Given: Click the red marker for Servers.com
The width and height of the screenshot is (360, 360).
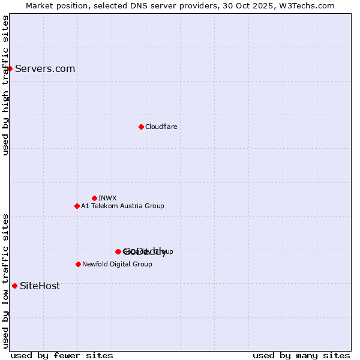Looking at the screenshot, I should (x=10, y=68).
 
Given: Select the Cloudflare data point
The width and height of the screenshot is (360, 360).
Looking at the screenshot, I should (x=141, y=127).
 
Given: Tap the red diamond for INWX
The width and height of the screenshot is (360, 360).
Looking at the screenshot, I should (x=94, y=198).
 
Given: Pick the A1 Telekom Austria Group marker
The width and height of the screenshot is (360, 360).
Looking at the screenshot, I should (x=77, y=206).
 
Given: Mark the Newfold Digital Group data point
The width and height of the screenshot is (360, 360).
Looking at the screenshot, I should (x=78, y=264).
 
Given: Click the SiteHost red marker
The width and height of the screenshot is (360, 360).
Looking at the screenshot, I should (x=14, y=286).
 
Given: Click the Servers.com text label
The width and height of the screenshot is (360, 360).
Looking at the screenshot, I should (x=45, y=68).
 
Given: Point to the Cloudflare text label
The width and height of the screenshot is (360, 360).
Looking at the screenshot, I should (x=161, y=127).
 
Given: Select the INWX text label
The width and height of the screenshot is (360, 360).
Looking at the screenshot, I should (x=107, y=198).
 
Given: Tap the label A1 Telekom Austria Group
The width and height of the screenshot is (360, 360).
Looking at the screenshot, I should (x=122, y=206).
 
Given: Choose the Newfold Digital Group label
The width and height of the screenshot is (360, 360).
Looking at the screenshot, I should (x=117, y=264).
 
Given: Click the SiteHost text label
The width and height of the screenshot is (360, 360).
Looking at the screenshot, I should (x=40, y=286).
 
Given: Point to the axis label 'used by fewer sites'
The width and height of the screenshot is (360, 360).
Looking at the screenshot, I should (x=62, y=355).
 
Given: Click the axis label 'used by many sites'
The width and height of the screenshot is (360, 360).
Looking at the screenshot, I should (x=301, y=355).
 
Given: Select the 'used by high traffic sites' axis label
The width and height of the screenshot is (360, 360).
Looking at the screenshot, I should (x=6, y=85).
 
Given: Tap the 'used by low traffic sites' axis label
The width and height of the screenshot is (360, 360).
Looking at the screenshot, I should (x=6, y=281).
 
